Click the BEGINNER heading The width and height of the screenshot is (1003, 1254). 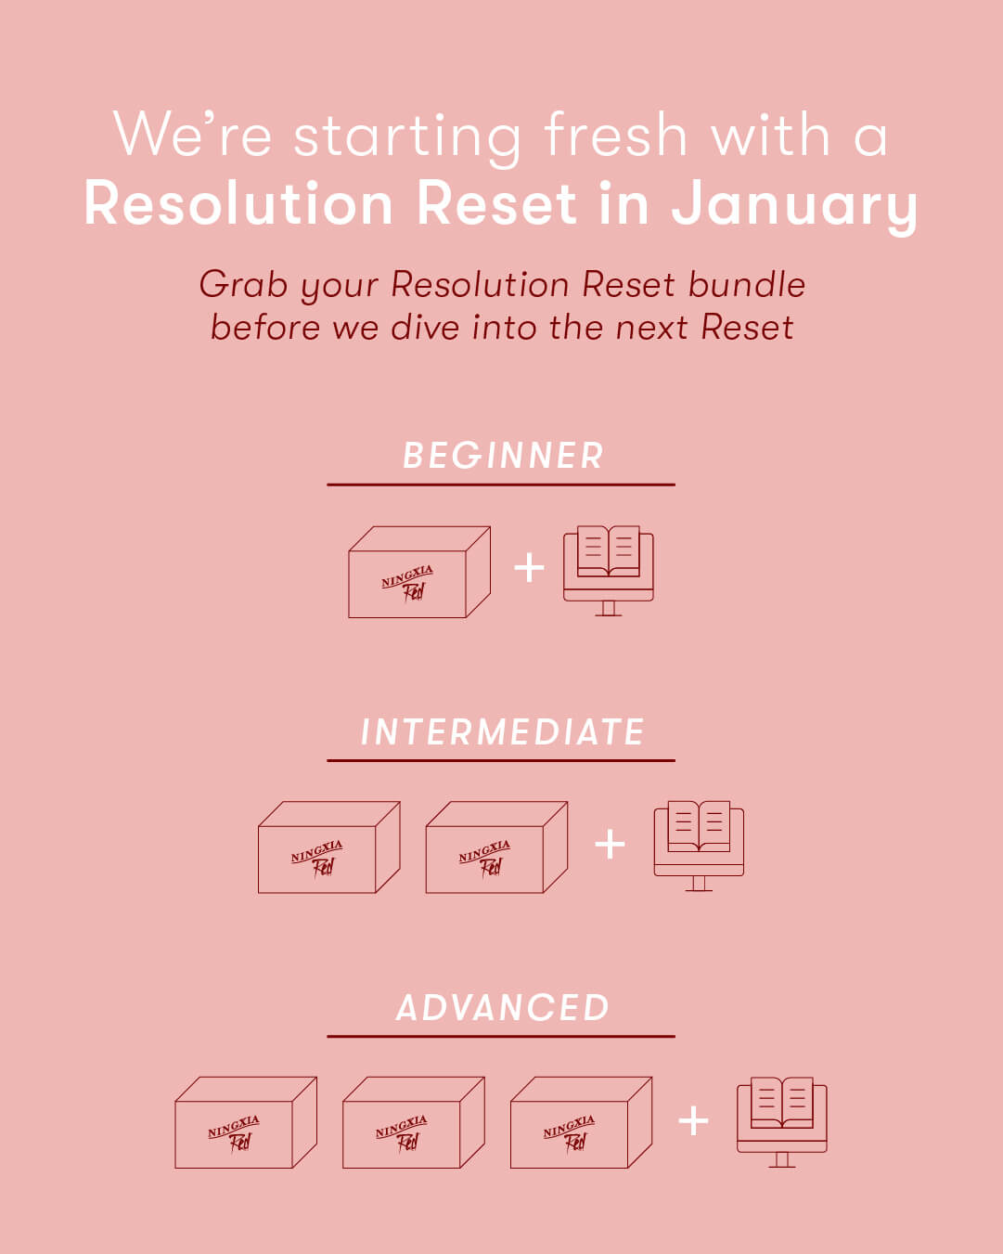click(x=503, y=455)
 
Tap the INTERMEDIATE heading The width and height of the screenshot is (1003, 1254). click(x=502, y=731)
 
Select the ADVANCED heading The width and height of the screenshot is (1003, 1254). click(x=502, y=1007)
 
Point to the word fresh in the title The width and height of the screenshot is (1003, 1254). click(x=616, y=136)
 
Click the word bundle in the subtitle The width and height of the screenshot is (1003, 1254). click(x=747, y=285)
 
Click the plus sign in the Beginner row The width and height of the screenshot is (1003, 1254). click(x=529, y=567)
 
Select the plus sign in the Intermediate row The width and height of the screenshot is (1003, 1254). click(x=610, y=844)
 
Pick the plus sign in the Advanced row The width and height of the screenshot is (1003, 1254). click(x=693, y=1120)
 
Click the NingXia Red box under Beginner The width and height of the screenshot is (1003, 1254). click(x=419, y=572)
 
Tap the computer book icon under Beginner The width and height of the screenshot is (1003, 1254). click(x=608, y=571)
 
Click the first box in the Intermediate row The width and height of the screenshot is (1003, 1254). click(x=329, y=847)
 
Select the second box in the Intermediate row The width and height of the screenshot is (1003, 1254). click(x=496, y=847)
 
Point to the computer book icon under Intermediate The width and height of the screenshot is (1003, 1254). click(x=699, y=847)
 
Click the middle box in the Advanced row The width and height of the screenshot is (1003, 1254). click(x=414, y=1123)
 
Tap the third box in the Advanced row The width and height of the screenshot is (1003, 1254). click(x=582, y=1123)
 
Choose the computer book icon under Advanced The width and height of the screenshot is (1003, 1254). click(x=781, y=1122)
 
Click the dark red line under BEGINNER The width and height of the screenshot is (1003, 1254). click(x=501, y=485)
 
